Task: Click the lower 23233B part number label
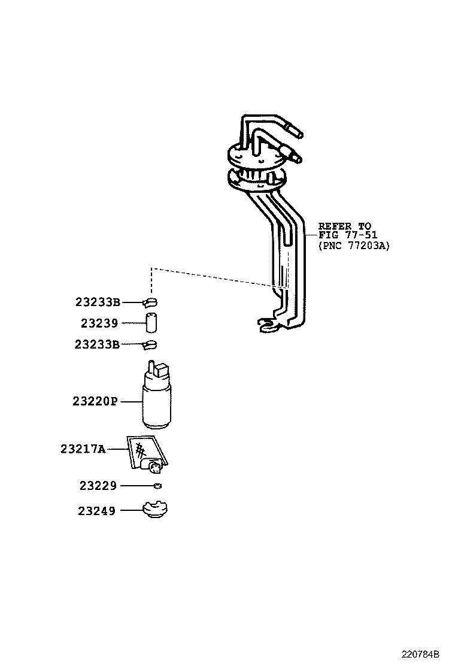point(98,344)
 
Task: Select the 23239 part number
point(100,323)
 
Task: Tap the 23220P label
point(95,401)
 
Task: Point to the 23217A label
point(83,448)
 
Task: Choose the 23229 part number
point(98,486)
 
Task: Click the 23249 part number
point(97,511)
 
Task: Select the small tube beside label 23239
point(151,323)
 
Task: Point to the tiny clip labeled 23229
point(157,486)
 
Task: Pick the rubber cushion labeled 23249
point(155,511)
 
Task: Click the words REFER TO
point(344,226)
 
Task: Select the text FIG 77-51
point(348,235)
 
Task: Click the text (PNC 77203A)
point(353,245)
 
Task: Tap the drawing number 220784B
point(420,652)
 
